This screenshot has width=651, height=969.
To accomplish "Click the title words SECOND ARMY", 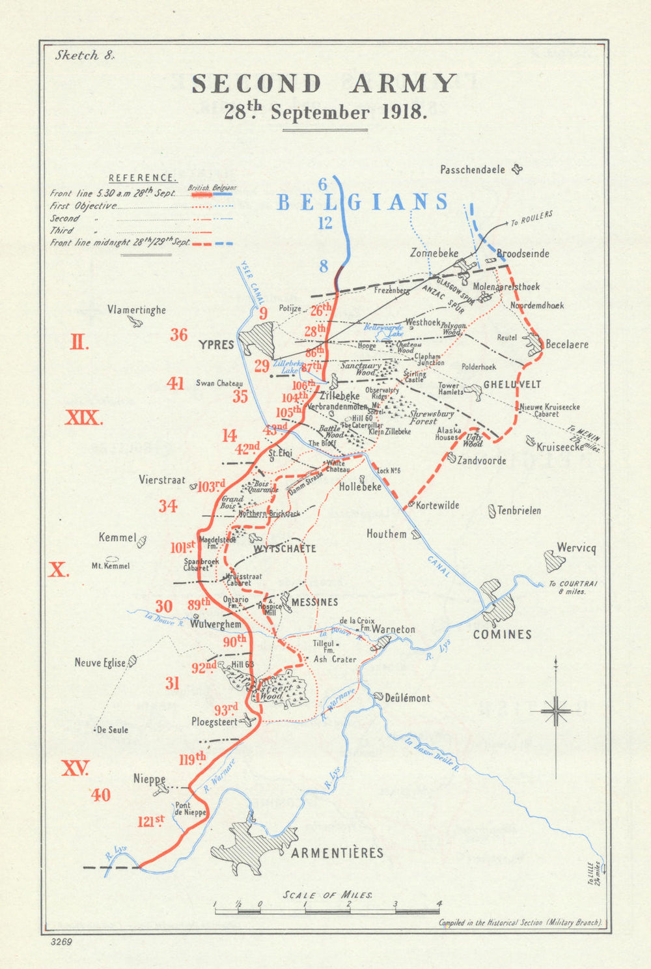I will tap(324, 84).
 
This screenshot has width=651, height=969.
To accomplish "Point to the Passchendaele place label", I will tap(473, 170).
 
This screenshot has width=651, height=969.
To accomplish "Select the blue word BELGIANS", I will tap(363, 203).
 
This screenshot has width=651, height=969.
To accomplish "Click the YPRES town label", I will tap(215, 344).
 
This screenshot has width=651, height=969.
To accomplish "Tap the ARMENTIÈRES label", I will tap(337, 852).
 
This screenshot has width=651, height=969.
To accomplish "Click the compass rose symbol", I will tap(555, 710).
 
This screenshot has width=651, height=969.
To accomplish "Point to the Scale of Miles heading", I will tap(327, 895).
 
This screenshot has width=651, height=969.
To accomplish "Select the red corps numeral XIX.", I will tap(83, 418).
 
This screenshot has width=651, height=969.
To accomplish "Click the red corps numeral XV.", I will tap(75, 768).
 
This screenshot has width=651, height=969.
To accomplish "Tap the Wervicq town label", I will tap(576, 548).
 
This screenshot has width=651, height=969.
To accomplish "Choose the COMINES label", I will tap(502, 634).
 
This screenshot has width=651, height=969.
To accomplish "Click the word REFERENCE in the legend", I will tap(142, 178).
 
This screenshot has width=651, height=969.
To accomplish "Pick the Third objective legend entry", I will tap(62, 231).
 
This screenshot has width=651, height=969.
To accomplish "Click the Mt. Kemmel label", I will tap(111, 566).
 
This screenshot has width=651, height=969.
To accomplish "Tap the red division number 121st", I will tap(150, 822).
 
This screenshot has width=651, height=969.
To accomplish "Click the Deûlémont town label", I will tap(408, 698).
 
